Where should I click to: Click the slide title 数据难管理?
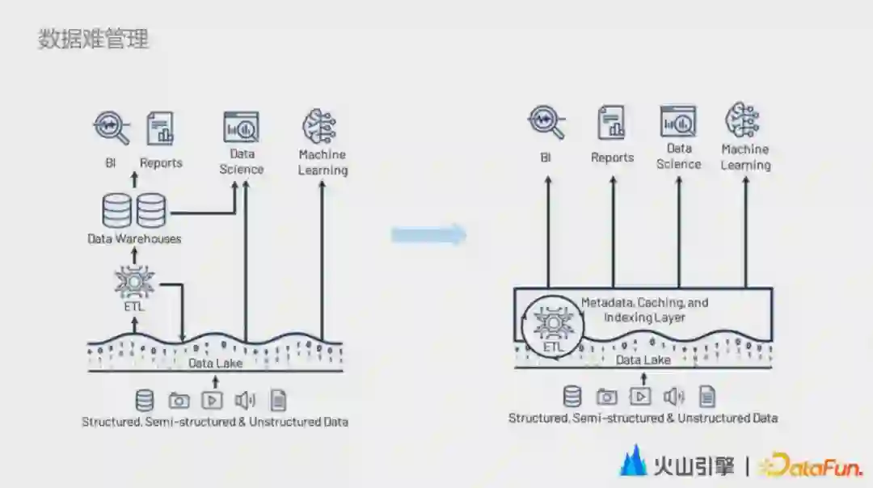93,39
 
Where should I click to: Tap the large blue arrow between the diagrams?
428,235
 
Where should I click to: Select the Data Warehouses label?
134,238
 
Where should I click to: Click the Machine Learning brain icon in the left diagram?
319,127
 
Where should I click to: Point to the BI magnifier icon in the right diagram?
546,122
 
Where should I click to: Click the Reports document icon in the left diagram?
160,128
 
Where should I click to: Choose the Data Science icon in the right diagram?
677,121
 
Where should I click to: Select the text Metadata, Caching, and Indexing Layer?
644,309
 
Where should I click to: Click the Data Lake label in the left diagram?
215,364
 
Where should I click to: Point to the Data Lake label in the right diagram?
643,360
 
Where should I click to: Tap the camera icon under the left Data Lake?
179,400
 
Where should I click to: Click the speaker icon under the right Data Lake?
673,396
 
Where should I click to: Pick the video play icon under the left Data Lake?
212,400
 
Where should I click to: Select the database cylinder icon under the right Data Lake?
572,396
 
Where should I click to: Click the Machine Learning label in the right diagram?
745,157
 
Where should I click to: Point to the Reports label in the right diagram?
612,158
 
